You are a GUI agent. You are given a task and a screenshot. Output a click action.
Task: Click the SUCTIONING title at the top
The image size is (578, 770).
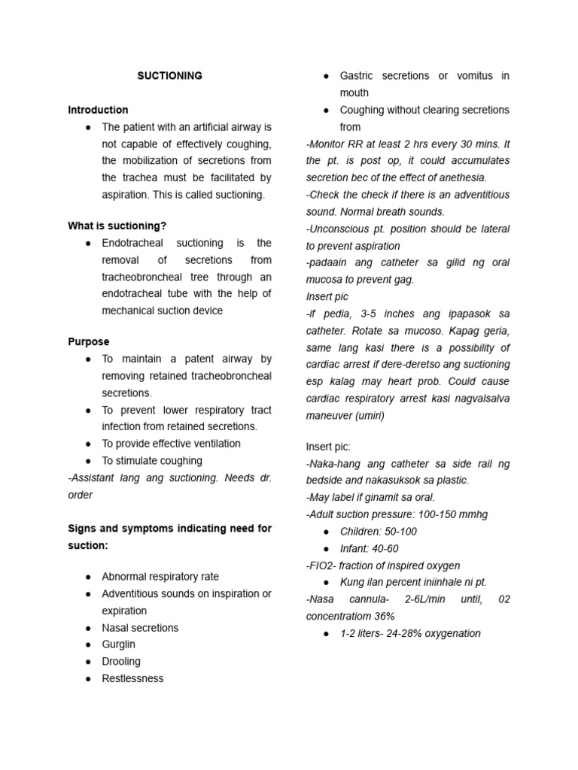coord(169,76)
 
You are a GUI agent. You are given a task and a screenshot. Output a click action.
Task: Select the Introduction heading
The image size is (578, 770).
coord(98,110)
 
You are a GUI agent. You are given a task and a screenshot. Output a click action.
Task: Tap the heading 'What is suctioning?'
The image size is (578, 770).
coord(117,226)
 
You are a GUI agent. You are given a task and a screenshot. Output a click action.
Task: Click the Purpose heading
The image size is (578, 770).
coord(89,341)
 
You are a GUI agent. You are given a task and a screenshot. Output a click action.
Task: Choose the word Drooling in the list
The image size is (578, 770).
coord(121,662)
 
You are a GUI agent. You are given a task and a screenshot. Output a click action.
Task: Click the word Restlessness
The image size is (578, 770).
coord(132,678)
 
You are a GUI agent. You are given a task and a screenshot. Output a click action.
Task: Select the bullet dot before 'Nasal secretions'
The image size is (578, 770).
coord(89,628)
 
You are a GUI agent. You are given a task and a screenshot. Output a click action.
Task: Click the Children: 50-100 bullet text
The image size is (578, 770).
coord(378,532)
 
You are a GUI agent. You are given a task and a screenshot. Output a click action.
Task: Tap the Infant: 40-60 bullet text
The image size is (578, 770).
coord(369,549)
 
